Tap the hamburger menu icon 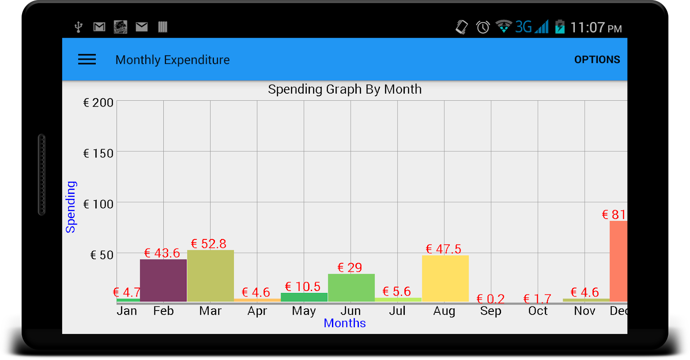(x=87, y=59)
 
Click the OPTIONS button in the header (x=597, y=59)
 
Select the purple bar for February (x=163, y=280)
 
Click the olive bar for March (x=211, y=275)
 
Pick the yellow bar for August (x=445, y=278)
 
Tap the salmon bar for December (x=618, y=261)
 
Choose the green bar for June (x=351, y=288)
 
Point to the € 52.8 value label (x=209, y=244)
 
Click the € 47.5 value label (x=444, y=249)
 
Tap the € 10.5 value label (x=303, y=287)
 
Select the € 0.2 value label (x=490, y=299)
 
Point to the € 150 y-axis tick (x=98, y=153)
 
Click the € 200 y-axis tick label (x=98, y=103)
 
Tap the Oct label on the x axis (x=538, y=311)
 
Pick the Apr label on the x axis (x=257, y=311)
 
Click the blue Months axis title (x=345, y=323)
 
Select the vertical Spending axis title (x=71, y=207)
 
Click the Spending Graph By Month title (x=345, y=89)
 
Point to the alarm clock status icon (x=483, y=27)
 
